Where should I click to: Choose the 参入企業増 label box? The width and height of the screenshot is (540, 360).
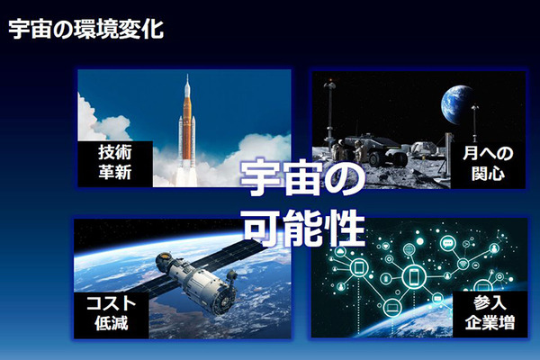coord(493,311)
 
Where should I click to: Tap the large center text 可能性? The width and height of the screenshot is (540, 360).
coord(301,229)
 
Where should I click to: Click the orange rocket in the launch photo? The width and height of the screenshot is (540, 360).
coord(187,126)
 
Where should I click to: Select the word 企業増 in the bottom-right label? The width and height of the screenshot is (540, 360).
coord(493,321)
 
